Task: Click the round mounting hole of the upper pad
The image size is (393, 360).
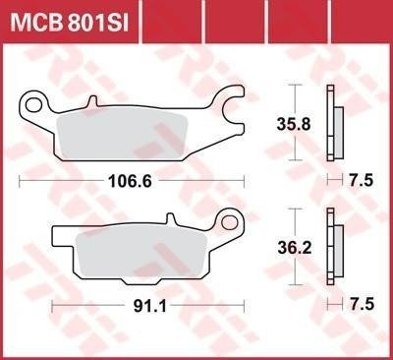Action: click(x=36, y=101)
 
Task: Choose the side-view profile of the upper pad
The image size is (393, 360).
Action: click(x=335, y=124)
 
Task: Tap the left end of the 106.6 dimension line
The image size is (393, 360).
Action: click(x=22, y=180)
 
